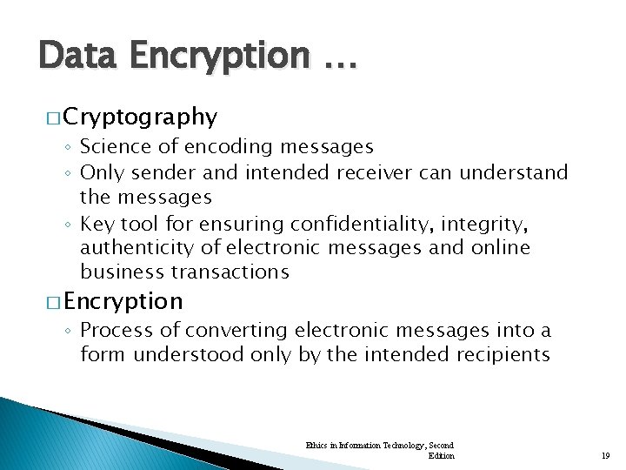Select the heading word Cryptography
pos(140,117)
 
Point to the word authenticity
pos(135,248)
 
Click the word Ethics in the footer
pos(316,445)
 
